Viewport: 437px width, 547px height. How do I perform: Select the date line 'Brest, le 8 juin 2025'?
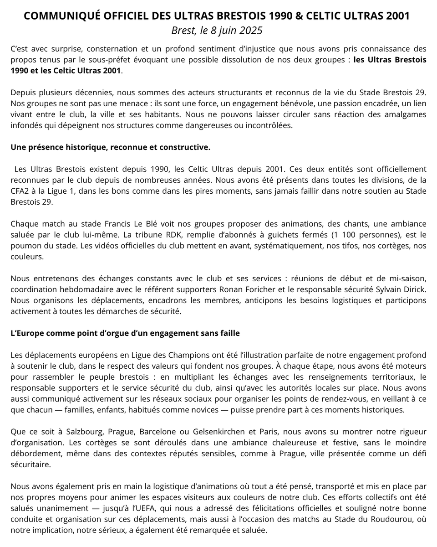(x=217, y=31)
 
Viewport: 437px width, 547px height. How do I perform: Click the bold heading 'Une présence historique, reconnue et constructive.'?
(x=110, y=147)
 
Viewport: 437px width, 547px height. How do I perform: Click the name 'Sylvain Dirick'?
(x=401, y=289)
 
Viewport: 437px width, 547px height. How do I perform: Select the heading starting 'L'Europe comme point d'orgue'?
(x=125, y=333)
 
